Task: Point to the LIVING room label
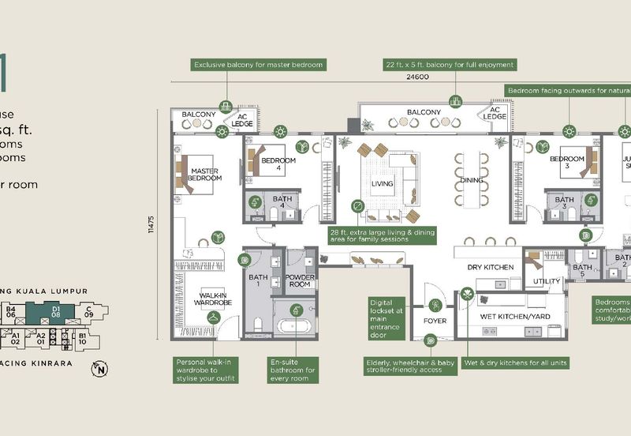[x=382, y=183]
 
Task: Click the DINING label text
[x=471, y=180]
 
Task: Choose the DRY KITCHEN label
[x=491, y=267]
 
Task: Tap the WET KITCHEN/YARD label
[x=509, y=317]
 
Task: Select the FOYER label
[x=435, y=321]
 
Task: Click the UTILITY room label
[x=546, y=280]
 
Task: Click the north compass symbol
[x=99, y=368]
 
